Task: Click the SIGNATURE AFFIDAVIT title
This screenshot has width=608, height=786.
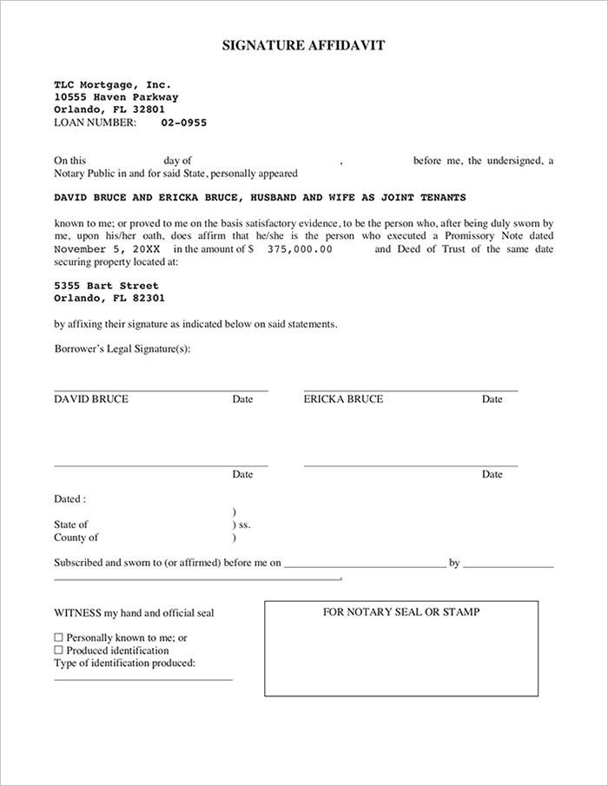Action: (303, 45)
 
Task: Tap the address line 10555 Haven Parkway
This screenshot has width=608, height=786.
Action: (116, 97)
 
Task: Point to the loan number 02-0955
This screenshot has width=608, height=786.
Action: (183, 122)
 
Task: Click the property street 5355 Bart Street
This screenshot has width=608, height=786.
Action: (106, 286)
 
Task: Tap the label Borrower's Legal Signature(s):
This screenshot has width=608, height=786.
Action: (122, 348)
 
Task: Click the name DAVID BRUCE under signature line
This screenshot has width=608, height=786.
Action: (91, 400)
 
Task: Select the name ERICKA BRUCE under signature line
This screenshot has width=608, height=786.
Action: (343, 400)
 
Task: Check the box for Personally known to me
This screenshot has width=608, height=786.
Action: (59, 637)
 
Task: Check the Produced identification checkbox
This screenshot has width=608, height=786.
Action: (59, 650)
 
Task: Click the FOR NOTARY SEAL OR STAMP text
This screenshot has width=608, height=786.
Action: (401, 611)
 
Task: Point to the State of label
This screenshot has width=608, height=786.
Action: (71, 525)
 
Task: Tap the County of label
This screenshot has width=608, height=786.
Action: (76, 538)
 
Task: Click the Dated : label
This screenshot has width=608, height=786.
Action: (69, 499)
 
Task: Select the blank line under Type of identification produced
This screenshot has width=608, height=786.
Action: (143, 678)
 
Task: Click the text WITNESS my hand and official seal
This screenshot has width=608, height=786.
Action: (134, 613)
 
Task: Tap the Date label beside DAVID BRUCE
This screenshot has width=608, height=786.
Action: (242, 400)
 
